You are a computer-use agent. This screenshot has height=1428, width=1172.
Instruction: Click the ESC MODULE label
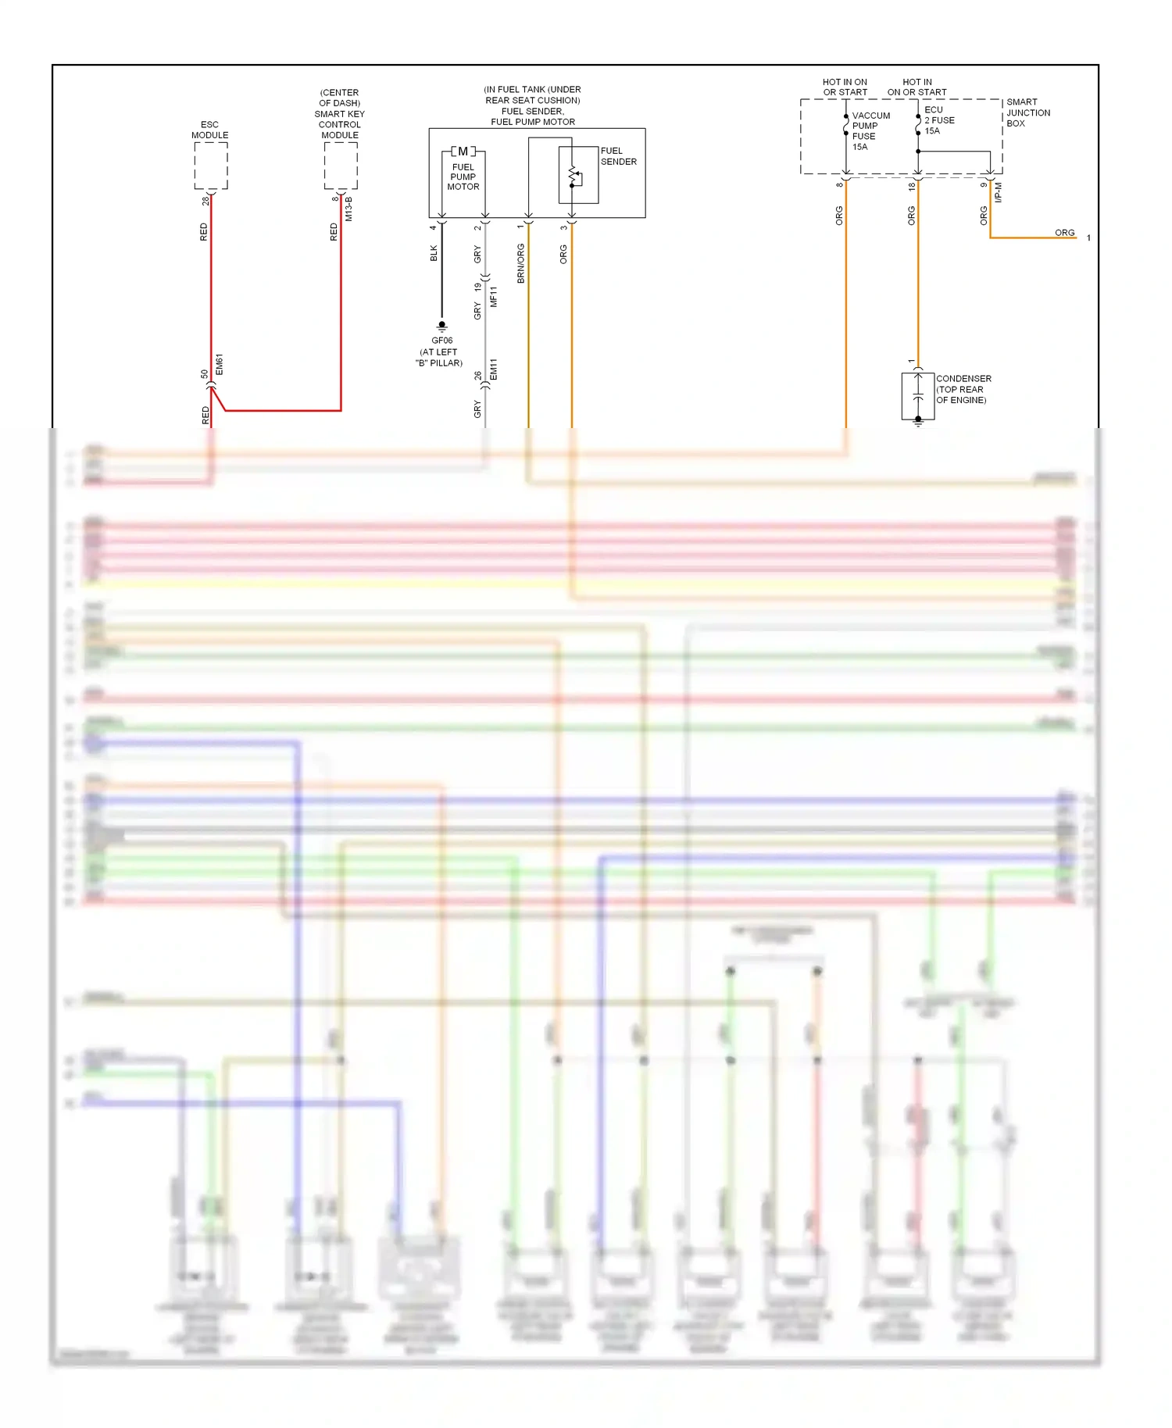coord(210,130)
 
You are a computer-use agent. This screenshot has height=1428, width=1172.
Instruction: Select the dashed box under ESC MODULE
coord(211,166)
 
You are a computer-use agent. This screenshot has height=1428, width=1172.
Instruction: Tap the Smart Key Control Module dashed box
coord(341,166)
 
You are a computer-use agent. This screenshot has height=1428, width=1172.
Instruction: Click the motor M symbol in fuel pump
coord(463,152)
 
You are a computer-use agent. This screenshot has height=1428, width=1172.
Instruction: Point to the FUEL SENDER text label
coord(618,156)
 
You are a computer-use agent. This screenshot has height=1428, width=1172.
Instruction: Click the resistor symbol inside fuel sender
coord(574,176)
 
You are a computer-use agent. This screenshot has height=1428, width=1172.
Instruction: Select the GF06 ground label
coord(441,341)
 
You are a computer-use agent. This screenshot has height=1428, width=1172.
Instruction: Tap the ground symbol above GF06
coord(441,326)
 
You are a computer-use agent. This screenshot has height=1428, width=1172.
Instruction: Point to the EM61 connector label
coord(220,364)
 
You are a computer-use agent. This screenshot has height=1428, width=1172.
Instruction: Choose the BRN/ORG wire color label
coord(521,263)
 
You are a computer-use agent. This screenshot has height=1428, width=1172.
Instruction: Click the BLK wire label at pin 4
coord(434,253)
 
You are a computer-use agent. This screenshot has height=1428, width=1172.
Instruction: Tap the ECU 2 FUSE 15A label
coord(939,120)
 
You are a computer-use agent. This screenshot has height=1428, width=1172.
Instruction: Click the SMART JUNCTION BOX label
coord(1027,112)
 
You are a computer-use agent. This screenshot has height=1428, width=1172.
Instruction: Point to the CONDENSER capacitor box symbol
coord(918,397)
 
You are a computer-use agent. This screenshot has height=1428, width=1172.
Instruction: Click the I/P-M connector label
coord(999,193)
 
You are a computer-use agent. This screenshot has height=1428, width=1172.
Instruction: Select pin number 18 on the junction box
coord(912,186)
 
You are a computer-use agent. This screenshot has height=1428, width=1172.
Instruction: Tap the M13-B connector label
coord(349,209)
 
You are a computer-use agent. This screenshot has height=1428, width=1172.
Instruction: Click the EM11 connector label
coord(494,369)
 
